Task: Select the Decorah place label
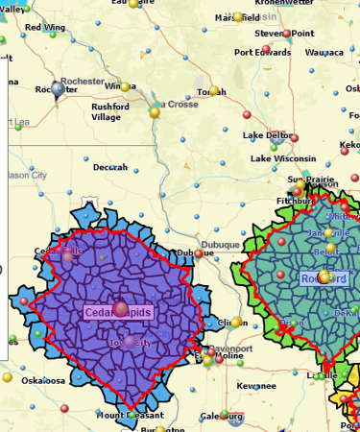(x=109, y=167)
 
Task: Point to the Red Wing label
(x=45, y=28)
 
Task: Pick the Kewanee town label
(x=257, y=385)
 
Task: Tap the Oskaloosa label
(x=43, y=380)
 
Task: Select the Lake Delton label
(x=268, y=135)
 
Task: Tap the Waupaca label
(x=324, y=53)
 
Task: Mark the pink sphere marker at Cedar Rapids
(x=121, y=308)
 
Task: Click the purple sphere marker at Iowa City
(x=130, y=341)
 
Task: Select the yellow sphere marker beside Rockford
(x=325, y=277)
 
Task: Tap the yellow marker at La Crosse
(x=154, y=112)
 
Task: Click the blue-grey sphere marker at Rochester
(x=59, y=89)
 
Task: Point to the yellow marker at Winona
(x=125, y=87)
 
